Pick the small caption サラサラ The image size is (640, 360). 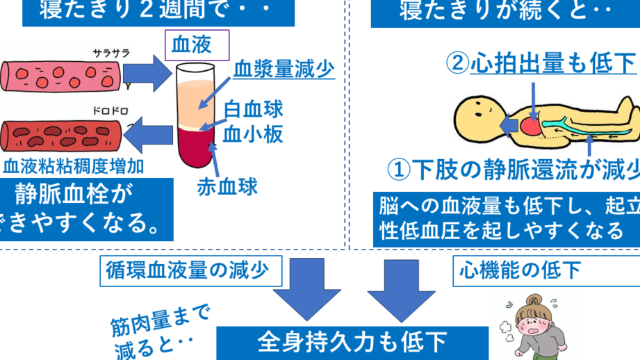(x=112, y=53)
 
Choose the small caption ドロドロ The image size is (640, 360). (x=112, y=111)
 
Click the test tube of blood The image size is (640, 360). (x=196, y=115)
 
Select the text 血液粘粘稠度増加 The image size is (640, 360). (x=74, y=166)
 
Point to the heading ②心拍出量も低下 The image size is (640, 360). (x=541, y=64)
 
